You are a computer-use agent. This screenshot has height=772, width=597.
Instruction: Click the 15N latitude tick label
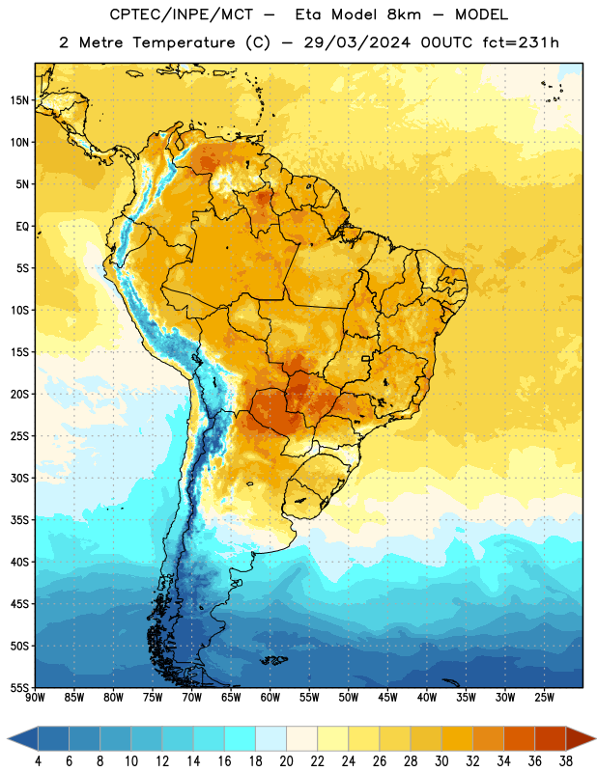[19, 100]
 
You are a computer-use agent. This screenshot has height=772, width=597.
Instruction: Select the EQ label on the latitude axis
[22, 227]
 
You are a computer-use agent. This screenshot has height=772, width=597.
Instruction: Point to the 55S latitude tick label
[19, 687]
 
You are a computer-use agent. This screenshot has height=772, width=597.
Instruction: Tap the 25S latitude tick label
[19, 436]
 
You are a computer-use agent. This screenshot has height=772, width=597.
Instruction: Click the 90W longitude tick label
[35, 698]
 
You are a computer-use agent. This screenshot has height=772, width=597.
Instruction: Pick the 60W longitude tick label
[270, 698]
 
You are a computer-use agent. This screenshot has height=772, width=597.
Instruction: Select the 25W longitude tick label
[544, 698]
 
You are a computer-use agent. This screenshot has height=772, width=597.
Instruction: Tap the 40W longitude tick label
[427, 698]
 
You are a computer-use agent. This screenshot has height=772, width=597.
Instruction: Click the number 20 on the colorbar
[286, 761]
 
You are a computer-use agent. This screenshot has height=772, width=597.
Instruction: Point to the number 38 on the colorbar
[566, 761]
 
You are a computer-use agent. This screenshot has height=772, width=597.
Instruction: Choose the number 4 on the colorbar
[38, 761]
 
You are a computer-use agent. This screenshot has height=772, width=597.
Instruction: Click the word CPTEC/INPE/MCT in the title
[181, 14]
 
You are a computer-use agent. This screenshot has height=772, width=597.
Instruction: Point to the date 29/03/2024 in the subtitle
[356, 42]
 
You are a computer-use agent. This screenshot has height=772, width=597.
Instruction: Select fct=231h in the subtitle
[521, 42]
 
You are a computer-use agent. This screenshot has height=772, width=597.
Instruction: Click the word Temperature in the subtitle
[184, 43]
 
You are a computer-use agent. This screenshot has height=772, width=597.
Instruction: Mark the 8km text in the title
[404, 14]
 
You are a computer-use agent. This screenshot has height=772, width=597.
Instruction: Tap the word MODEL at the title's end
[482, 14]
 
